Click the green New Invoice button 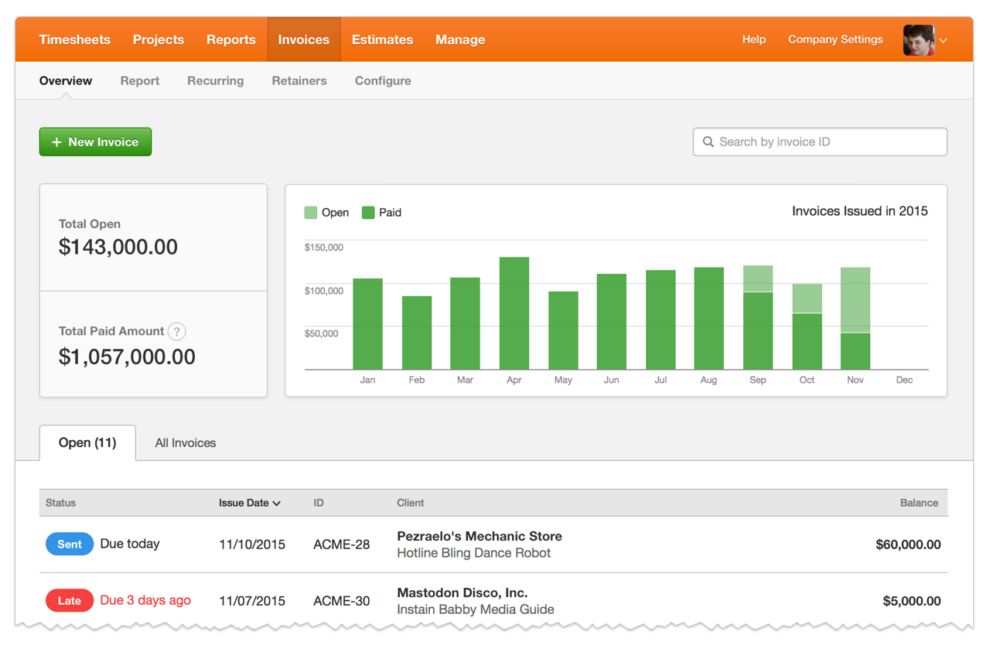pos(95,142)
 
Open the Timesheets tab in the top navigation pos(75,39)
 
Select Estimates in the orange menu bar pos(382,39)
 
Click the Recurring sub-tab pos(215,80)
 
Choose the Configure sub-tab pos(383,80)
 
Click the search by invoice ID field pos(820,142)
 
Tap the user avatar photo pos(919,40)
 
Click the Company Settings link pos(835,39)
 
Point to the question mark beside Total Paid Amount pos(177,332)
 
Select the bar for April pos(514,313)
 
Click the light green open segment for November pos(855,300)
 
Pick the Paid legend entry pos(382,213)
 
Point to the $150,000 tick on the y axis pos(324,247)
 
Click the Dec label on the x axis pos(904,380)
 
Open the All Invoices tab pos(186,443)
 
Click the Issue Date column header pos(249,503)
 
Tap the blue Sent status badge pos(70,544)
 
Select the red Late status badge pos(70,601)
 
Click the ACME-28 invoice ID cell pos(341,544)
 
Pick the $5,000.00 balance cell pos(911,601)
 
